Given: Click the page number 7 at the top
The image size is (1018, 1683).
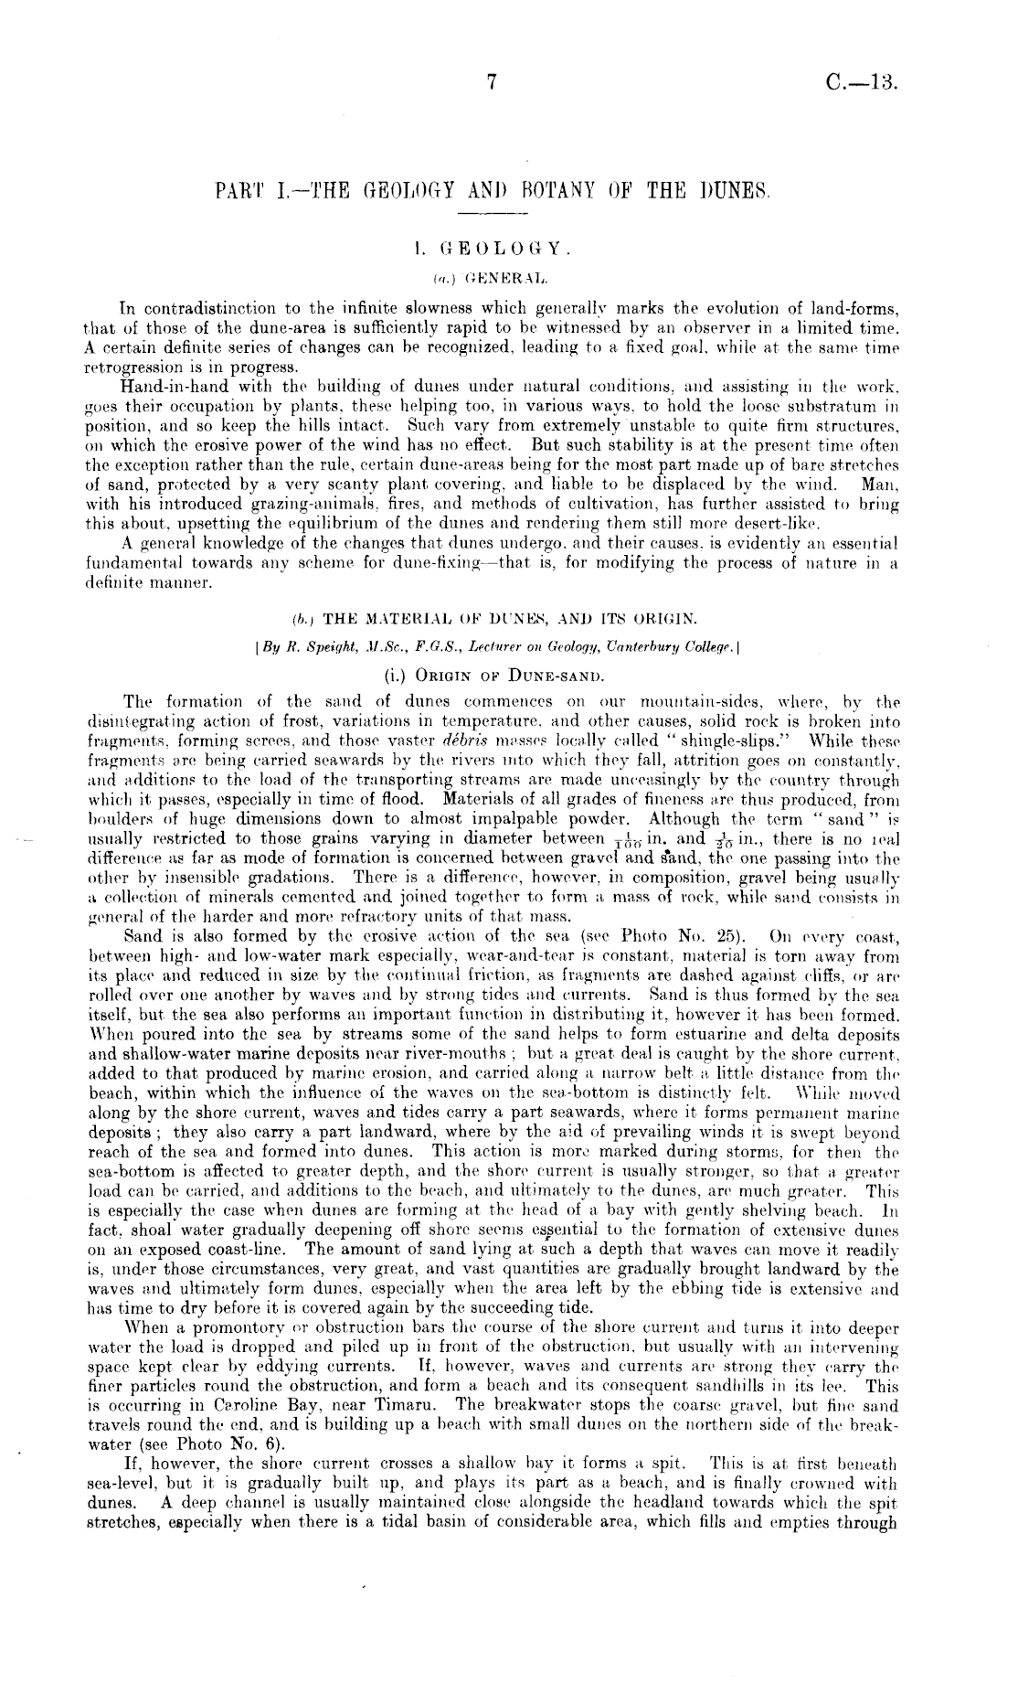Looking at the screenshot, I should click(491, 83).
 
